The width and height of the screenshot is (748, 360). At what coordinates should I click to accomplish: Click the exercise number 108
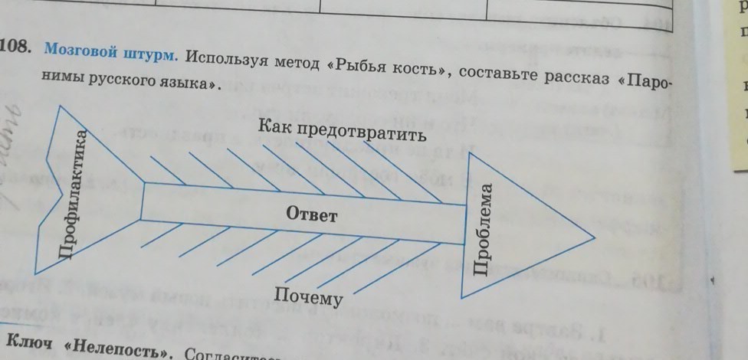[15, 48]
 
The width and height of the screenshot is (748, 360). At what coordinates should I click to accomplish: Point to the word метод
[295, 62]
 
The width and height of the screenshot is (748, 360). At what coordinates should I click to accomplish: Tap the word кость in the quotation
[418, 69]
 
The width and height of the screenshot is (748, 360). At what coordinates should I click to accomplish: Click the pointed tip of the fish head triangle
[592, 235]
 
